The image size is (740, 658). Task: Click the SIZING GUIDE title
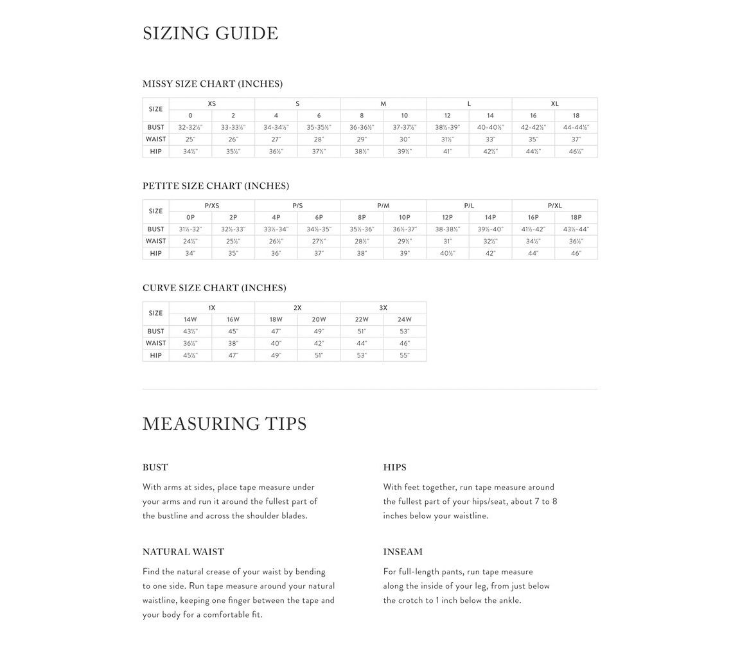tap(210, 33)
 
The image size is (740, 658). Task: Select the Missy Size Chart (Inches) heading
tap(212, 84)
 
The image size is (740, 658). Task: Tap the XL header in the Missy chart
tap(554, 103)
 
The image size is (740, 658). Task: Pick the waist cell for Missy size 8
tap(362, 139)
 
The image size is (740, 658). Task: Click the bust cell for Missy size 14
tap(490, 127)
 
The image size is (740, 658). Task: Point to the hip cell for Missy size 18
tap(576, 152)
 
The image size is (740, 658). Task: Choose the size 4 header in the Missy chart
tap(276, 116)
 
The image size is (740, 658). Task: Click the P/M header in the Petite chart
tap(383, 206)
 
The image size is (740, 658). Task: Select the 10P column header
tap(404, 218)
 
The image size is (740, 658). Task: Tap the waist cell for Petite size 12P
tap(447, 242)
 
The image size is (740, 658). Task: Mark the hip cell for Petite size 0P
tap(190, 254)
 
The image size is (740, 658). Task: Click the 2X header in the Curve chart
tap(297, 308)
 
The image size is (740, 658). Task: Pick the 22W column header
tap(362, 319)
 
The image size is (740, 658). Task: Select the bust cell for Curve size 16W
tap(233, 332)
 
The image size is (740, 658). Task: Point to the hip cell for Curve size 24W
tap(404, 355)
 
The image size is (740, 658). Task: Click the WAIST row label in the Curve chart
tap(155, 343)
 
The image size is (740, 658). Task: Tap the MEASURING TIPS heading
tap(224, 424)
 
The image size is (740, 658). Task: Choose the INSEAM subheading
tap(403, 552)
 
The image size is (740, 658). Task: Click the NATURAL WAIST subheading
tap(183, 552)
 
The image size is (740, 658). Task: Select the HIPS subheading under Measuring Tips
tap(394, 468)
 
